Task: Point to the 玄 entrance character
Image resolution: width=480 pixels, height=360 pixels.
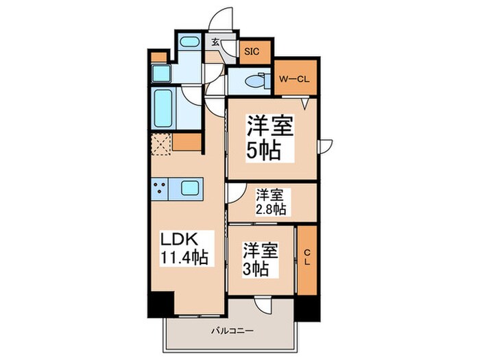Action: (215, 43)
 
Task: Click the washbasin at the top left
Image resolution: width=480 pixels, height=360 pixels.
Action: (189, 43)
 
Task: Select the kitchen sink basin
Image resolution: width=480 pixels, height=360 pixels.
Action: (188, 187)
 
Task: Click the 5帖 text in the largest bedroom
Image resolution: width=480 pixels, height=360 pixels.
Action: (264, 151)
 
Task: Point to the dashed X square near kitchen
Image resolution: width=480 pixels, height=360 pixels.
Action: (160, 144)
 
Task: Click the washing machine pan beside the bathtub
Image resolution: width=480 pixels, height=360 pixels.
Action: (162, 75)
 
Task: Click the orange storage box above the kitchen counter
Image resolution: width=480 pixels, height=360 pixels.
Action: (187, 142)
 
